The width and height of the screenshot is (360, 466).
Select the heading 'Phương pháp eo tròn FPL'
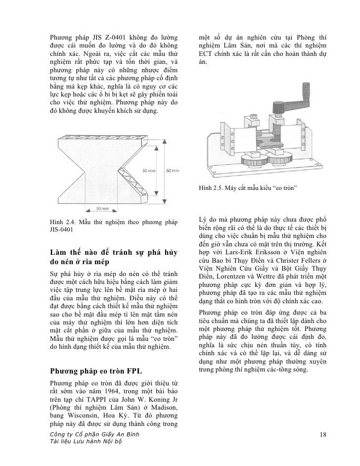(x=92, y=371)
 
